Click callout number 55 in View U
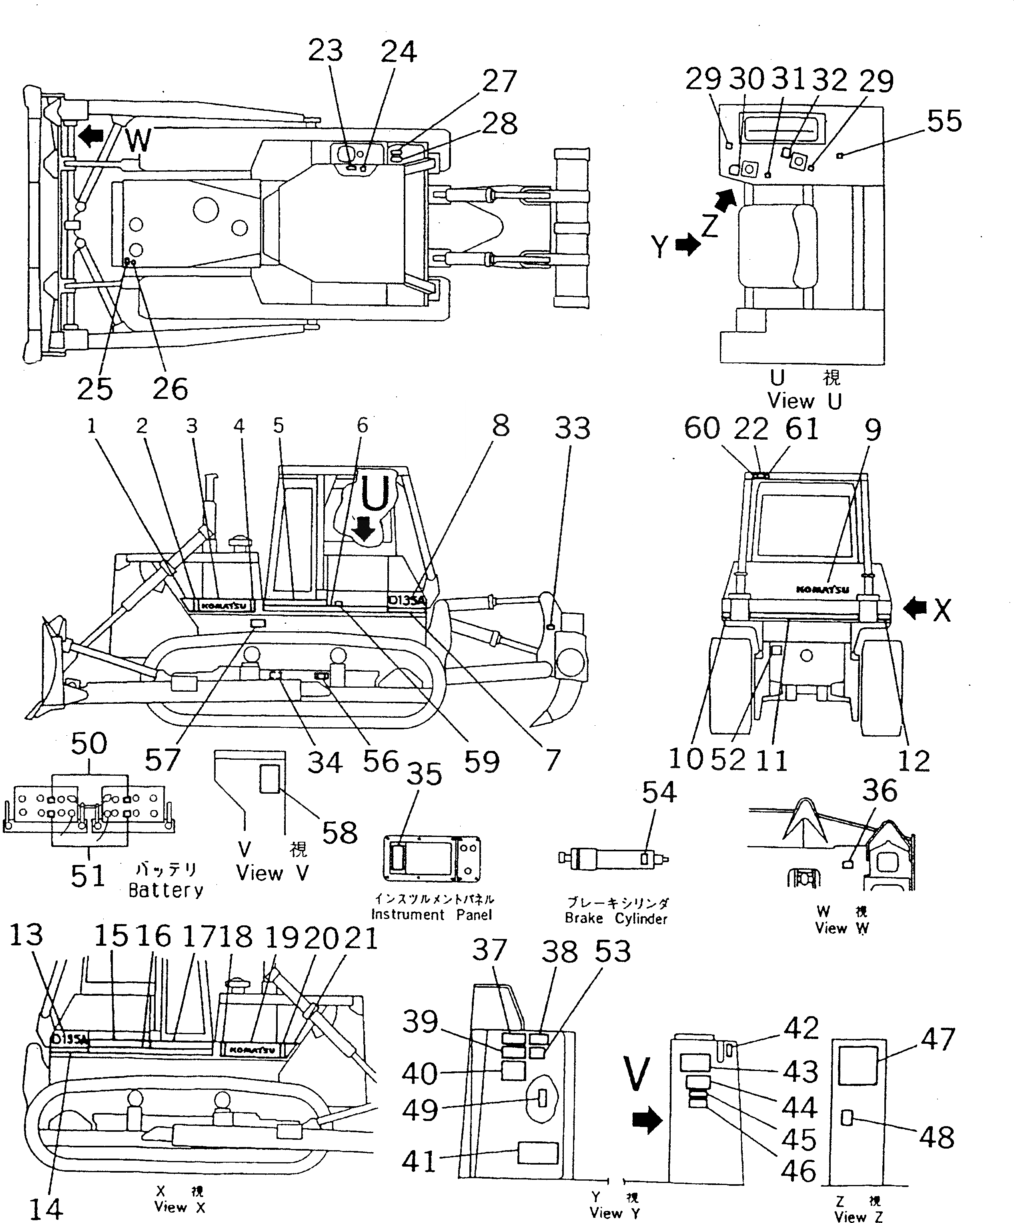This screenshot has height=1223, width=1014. tap(944, 122)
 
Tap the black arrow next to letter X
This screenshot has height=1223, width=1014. tap(915, 609)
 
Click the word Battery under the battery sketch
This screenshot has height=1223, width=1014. tap(166, 891)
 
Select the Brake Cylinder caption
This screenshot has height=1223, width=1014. tap(616, 919)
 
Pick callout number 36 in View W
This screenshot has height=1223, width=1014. tap(880, 791)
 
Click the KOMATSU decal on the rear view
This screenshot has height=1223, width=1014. tap(822, 589)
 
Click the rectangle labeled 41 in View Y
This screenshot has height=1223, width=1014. tap(537, 1153)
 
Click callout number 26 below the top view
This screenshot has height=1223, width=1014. tap(170, 388)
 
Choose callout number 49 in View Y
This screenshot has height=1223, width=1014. tap(419, 1110)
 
